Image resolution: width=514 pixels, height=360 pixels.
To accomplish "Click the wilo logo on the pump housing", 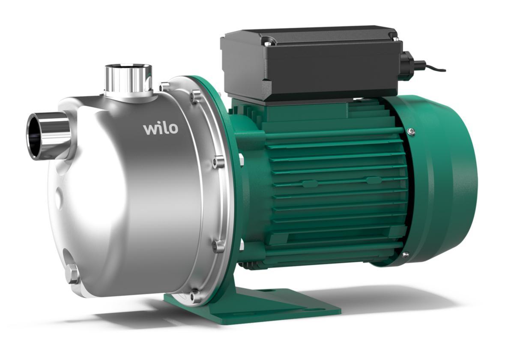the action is [161, 129].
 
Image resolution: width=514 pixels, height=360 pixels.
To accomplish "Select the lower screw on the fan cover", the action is [406, 255].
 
